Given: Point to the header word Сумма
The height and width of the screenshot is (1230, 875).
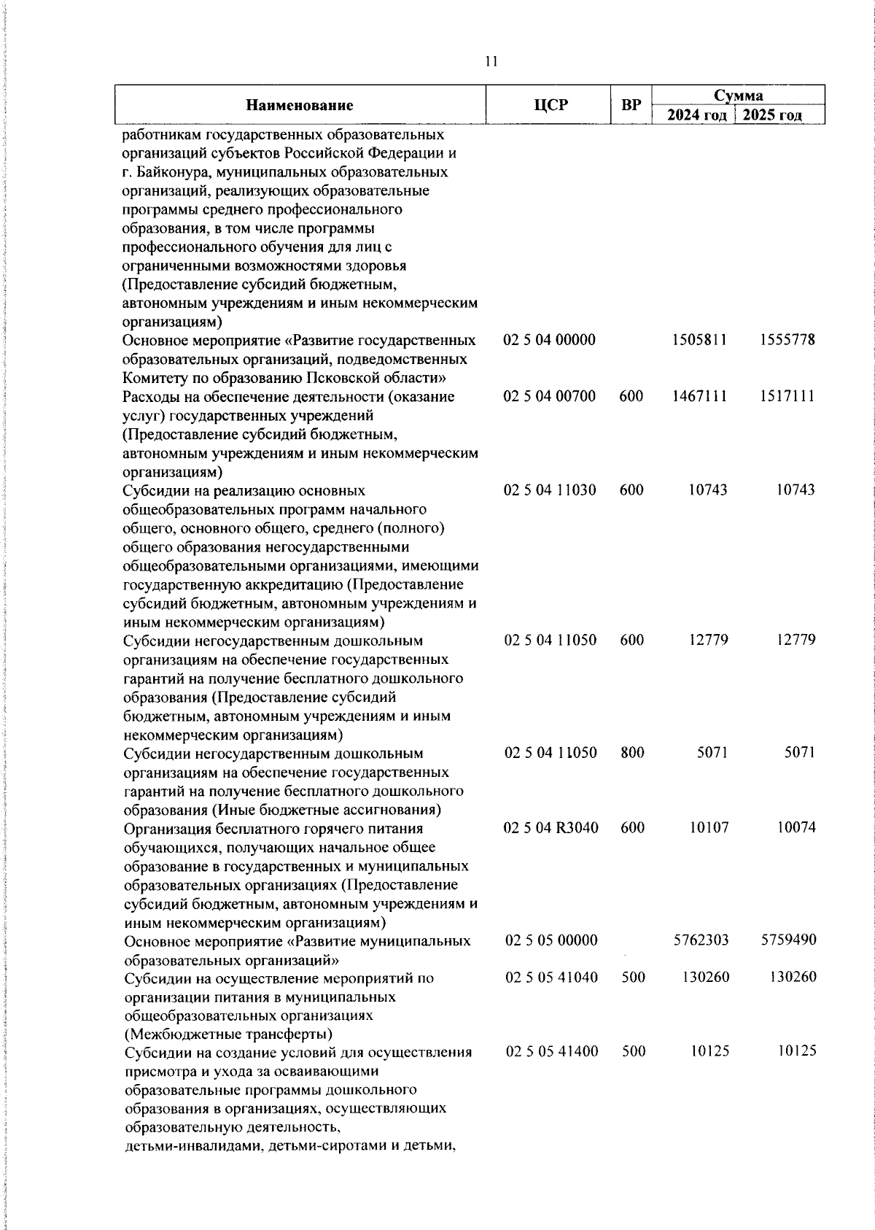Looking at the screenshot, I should click(x=738, y=96).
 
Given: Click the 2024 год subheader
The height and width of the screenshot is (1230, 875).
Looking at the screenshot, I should click(x=697, y=115).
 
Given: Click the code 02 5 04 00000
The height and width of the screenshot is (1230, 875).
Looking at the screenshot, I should click(x=550, y=340).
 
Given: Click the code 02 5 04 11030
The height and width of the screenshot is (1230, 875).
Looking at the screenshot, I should click(x=550, y=490).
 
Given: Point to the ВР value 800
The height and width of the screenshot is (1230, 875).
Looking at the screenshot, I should click(x=632, y=752).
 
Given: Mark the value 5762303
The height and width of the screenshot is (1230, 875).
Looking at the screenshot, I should click(x=701, y=940).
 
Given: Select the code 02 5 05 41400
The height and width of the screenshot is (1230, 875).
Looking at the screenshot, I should click(x=552, y=1051).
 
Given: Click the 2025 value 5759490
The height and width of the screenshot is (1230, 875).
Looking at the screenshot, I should click(x=788, y=940).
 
